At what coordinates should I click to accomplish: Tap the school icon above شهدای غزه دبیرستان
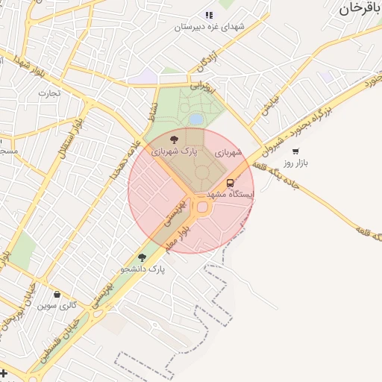point(209,15)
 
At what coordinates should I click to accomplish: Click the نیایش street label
point(269,105)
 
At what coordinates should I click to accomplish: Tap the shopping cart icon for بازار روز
point(295,151)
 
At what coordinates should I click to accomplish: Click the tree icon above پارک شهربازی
point(174,139)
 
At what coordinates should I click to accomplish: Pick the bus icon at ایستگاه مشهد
point(230,183)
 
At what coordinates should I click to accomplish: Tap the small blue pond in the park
point(195,119)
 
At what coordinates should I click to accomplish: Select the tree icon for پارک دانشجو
point(142,257)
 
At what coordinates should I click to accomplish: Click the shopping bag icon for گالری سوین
point(57,294)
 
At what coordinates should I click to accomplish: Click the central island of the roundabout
point(202,207)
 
